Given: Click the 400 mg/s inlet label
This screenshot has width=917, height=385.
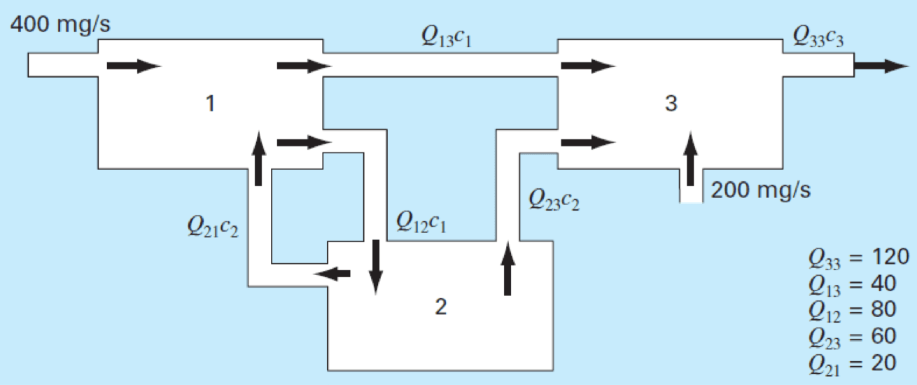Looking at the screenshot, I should coord(60,25).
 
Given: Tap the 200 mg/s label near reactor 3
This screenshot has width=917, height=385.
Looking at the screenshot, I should coord(760,190).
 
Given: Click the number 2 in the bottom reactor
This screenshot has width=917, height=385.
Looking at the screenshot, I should coord(440,307).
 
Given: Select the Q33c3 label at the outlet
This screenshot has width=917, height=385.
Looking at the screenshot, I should coord(818,37).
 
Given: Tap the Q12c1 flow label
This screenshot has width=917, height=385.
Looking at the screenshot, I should coord(421,223).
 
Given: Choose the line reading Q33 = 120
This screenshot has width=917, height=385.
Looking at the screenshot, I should coord(858,257).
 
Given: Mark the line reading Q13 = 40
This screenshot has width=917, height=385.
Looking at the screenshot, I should coord(851,283).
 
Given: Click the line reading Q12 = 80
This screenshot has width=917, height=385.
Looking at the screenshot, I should coord(851,309).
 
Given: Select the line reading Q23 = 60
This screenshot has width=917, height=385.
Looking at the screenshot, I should coord(851,335).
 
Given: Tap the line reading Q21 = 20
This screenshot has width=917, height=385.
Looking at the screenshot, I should coord(851,362).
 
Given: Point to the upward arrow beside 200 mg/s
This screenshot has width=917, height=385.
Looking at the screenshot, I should coord(691,159).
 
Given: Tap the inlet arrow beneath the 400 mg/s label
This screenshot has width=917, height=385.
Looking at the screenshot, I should coord(133,66).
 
